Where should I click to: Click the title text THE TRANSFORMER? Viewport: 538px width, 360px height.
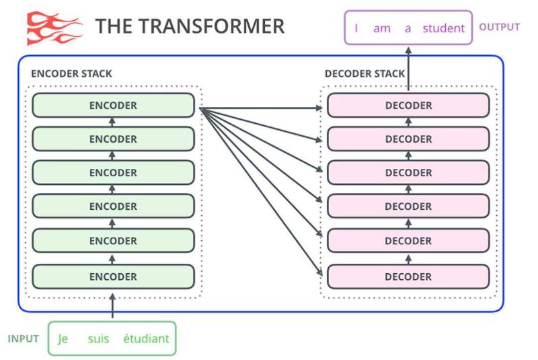click(x=190, y=27)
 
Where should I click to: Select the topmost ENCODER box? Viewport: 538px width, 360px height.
click(x=113, y=106)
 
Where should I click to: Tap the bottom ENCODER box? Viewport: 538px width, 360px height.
click(x=113, y=277)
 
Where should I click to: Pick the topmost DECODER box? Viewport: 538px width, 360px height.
click(x=408, y=106)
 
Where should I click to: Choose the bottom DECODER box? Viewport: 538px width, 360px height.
click(x=408, y=277)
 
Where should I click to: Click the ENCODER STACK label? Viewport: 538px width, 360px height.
click(x=72, y=73)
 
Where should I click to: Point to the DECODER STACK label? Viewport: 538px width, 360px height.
click(x=365, y=73)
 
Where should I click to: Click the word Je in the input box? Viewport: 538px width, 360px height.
click(x=63, y=338)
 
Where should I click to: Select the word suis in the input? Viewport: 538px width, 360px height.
click(x=98, y=338)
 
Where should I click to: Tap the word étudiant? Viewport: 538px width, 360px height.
click(x=146, y=338)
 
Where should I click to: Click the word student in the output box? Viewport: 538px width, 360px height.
click(x=444, y=28)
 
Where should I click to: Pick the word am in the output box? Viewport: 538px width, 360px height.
click(x=381, y=28)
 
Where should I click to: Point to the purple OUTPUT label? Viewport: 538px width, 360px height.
click(x=499, y=28)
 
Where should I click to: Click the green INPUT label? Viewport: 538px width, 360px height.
click(x=24, y=338)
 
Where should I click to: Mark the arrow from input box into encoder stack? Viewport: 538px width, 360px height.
click(x=112, y=306)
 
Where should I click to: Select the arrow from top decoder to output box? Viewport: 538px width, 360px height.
click(x=408, y=67)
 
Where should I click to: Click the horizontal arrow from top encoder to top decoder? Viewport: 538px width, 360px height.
click(x=262, y=107)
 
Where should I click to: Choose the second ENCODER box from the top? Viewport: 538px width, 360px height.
click(x=113, y=139)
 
